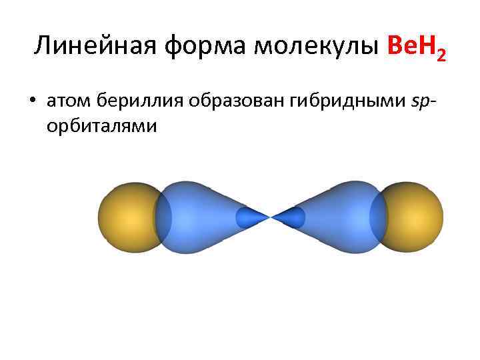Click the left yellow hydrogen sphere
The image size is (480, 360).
pyautogui.click(x=127, y=217)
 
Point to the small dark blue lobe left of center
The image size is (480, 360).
pyautogui.click(x=250, y=217)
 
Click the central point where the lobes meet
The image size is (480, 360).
pyautogui.click(x=271, y=217)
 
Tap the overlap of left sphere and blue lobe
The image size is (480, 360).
pyautogui.click(x=163, y=217)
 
